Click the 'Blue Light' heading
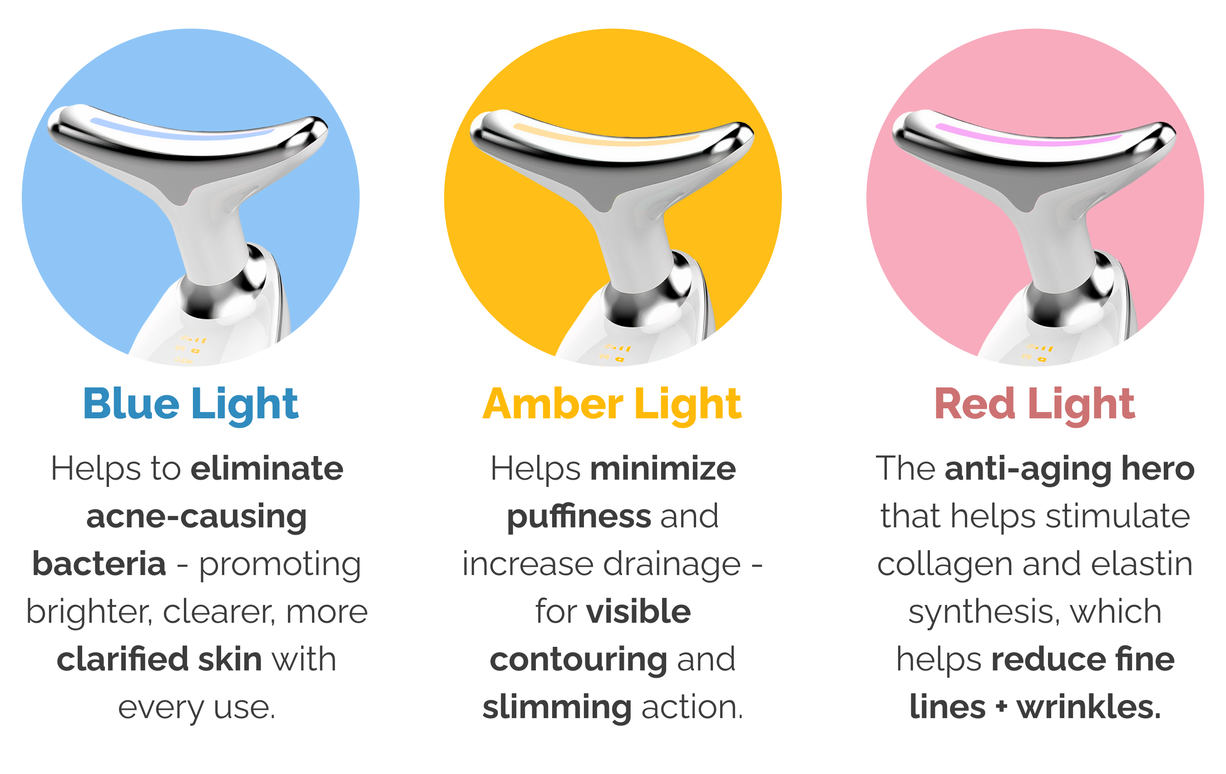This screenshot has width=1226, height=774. (190, 404)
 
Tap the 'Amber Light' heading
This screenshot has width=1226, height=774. (612, 404)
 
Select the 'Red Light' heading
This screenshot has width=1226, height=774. (1034, 404)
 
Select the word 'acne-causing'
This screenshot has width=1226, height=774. (197, 517)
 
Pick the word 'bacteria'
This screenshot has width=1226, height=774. (99, 564)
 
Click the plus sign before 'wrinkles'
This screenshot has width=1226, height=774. (1002, 707)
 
